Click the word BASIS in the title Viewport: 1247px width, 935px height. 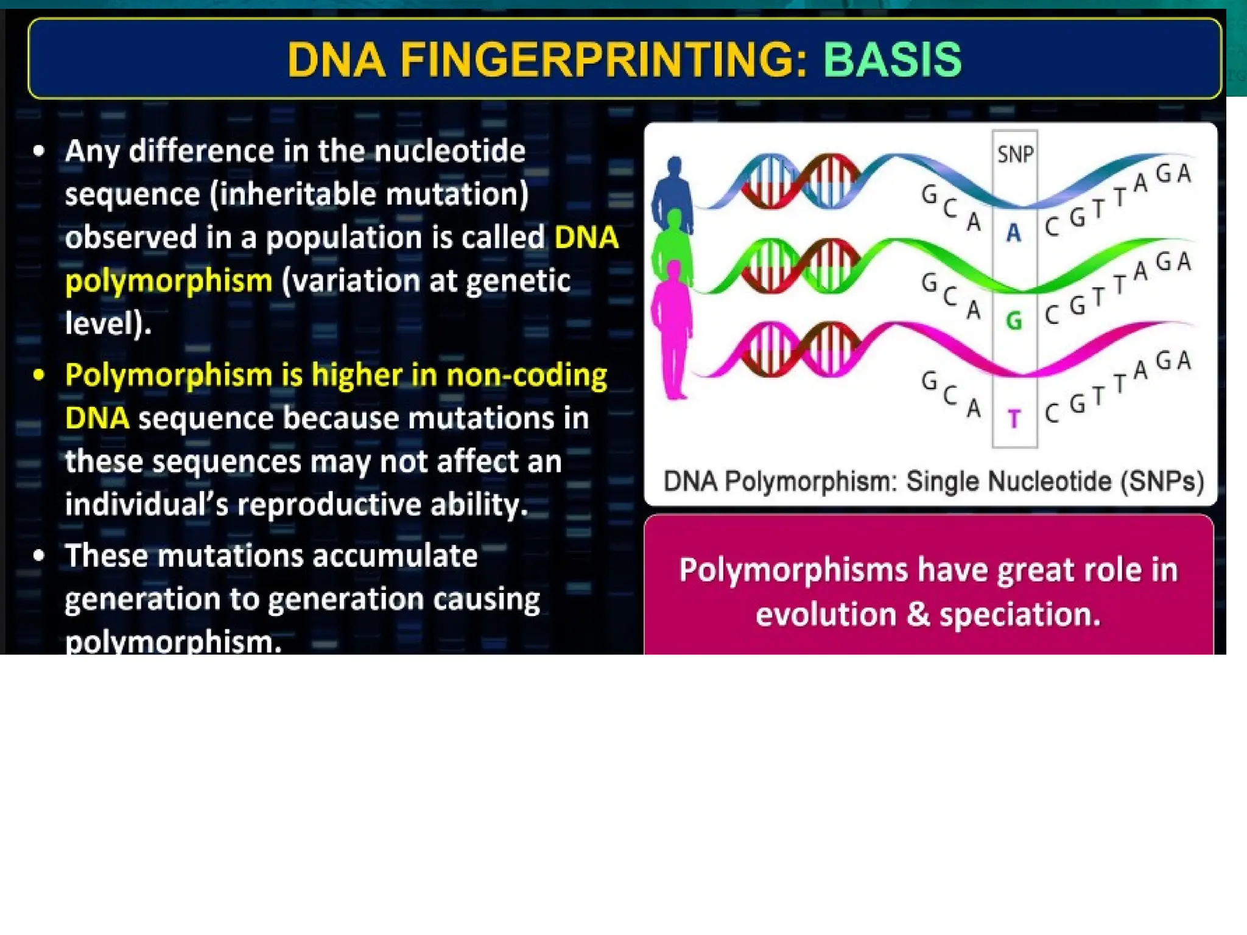(892, 60)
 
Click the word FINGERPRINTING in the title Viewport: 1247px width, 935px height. (603, 60)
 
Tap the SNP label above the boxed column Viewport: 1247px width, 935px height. (1015, 154)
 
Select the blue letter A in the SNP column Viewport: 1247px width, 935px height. (1014, 233)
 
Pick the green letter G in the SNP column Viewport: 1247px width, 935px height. (1014, 320)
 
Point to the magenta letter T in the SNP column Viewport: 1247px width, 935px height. (1014, 419)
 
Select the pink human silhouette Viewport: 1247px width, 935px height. (673, 335)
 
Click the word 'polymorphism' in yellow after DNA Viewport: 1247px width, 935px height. (169, 281)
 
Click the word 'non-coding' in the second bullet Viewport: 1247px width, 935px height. (527, 375)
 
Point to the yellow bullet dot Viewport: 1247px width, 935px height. (39, 375)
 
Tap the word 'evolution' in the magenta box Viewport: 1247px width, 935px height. (826, 614)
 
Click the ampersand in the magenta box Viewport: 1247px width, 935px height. (918, 614)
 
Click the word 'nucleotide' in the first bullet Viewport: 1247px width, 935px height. (449, 151)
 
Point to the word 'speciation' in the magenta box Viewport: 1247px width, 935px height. (1020, 614)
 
